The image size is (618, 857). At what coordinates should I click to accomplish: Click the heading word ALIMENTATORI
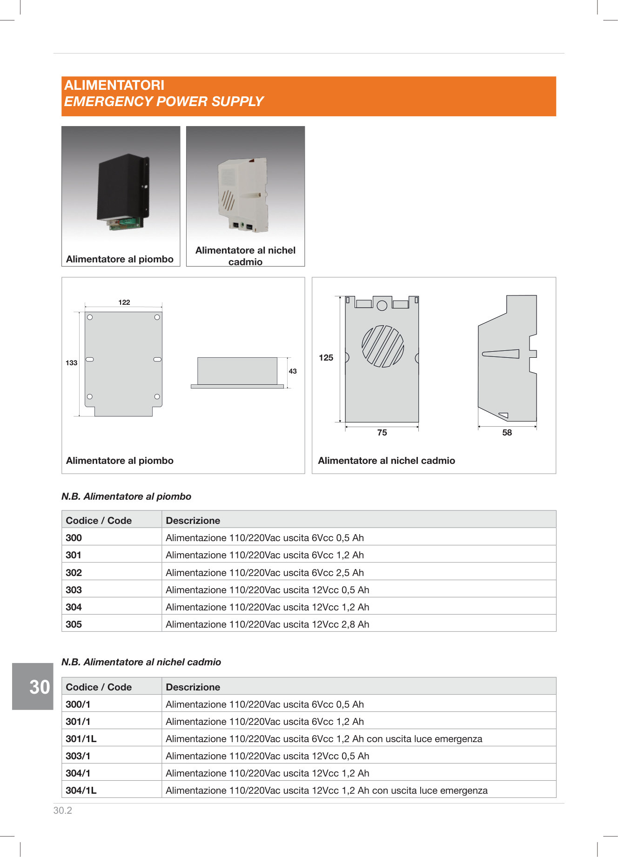pyautogui.click(x=114, y=85)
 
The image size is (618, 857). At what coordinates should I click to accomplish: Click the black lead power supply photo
pyautogui.click(x=122, y=191)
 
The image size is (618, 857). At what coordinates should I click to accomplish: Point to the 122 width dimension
pyautogui.click(x=124, y=302)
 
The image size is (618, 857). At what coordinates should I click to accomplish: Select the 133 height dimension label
pyautogui.click(x=71, y=363)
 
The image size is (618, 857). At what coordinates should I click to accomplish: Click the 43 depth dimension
pyautogui.click(x=293, y=371)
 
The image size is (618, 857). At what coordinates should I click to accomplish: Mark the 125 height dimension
pyautogui.click(x=326, y=358)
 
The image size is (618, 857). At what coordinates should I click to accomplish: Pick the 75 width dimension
pyautogui.click(x=382, y=433)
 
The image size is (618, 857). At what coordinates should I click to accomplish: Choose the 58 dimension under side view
pyautogui.click(x=507, y=433)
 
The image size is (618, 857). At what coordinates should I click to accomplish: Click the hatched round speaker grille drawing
pyautogui.click(x=383, y=346)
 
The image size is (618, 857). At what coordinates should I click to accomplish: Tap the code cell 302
pyautogui.click(x=74, y=573)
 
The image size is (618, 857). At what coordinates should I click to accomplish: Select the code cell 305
pyautogui.click(x=74, y=624)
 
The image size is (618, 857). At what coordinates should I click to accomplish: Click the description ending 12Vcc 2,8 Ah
pyautogui.click(x=268, y=624)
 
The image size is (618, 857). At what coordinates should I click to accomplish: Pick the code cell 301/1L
pyautogui.click(x=81, y=739)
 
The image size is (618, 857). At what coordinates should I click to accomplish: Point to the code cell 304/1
pyautogui.click(x=78, y=773)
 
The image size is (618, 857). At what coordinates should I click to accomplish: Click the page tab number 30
pyautogui.click(x=40, y=687)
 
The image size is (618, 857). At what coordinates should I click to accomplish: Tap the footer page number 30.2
pyautogui.click(x=63, y=810)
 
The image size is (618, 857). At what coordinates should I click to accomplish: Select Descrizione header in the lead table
pyautogui.click(x=193, y=521)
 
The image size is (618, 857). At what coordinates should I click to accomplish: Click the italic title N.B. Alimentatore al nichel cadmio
pyautogui.click(x=141, y=662)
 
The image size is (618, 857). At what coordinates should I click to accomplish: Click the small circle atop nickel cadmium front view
pyautogui.click(x=382, y=306)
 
